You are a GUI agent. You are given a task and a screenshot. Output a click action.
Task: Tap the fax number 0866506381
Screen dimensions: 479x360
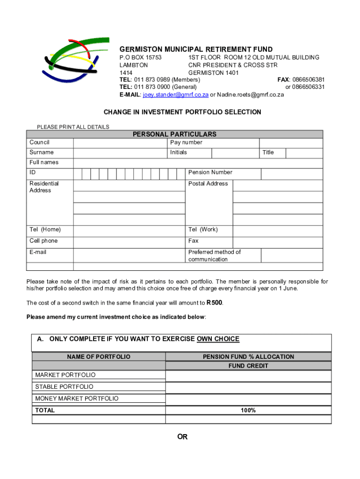[x=308, y=80]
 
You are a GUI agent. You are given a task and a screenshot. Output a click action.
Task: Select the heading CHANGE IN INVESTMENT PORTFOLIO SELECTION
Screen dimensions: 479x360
[x=182, y=112]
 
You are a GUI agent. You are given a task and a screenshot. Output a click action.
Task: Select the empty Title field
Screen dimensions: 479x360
[x=304, y=153]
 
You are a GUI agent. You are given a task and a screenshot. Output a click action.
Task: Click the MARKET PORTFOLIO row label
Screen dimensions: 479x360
[x=65, y=375]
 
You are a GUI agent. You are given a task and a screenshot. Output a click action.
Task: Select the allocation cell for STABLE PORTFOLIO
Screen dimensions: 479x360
[x=248, y=387]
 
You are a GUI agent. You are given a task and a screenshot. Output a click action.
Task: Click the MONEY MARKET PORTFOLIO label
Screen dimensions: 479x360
[x=77, y=399]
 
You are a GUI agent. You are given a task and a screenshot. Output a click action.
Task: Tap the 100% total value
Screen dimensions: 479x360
[x=248, y=410]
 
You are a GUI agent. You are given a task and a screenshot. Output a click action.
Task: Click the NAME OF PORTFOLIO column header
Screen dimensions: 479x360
[x=99, y=357]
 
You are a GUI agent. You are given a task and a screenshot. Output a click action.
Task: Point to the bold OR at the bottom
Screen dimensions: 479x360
[x=182, y=437]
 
